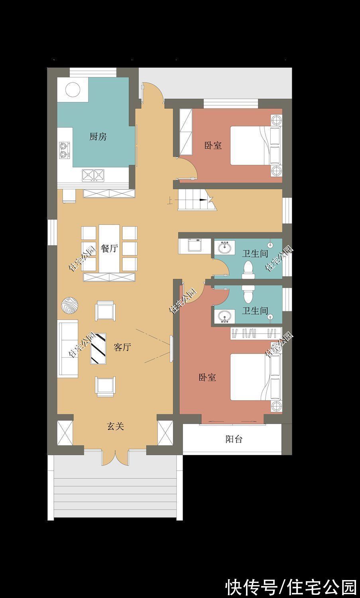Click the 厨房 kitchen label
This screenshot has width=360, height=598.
pos(98,137)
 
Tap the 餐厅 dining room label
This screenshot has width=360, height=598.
pos(110,248)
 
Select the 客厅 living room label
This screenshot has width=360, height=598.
pos(122,347)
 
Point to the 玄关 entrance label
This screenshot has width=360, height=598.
pos(115,426)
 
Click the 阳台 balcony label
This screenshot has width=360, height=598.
pos(234,439)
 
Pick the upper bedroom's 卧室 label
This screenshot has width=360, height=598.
pos(213,146)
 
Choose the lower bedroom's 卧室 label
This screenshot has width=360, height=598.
pos(207,377)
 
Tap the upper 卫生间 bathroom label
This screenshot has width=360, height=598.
pos(255,253)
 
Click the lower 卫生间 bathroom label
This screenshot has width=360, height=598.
pos(255,311)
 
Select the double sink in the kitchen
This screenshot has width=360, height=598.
pos(93,175)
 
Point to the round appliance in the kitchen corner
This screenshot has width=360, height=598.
pos(73,90)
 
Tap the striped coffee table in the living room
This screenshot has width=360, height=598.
pos(98,348)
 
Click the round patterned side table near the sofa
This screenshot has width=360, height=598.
pos(70,305)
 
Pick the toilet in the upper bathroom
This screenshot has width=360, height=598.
pos(248,270)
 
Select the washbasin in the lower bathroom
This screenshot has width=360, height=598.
pos(225,317)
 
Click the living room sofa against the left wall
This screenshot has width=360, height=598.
pos(68,348)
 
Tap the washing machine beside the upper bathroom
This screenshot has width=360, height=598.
pos(195,245)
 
